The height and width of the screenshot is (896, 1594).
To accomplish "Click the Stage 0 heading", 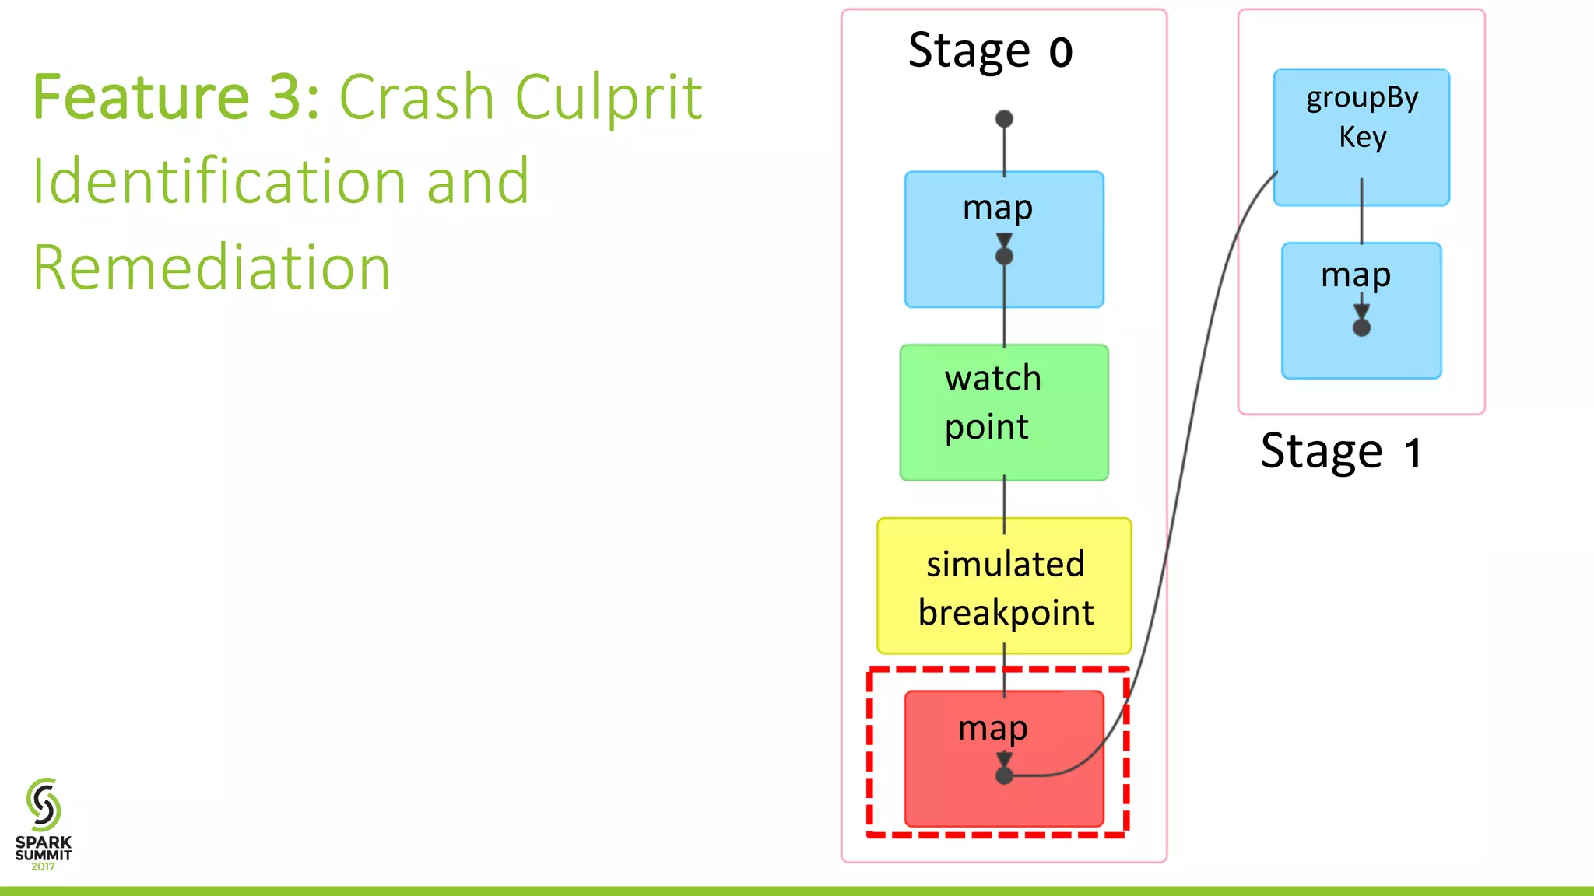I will (990, 51).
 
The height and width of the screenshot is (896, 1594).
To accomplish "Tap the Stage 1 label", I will (1341, 451).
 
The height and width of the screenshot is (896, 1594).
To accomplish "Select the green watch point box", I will (1004, 412).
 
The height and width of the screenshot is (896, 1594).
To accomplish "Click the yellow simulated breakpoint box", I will (1004, 586).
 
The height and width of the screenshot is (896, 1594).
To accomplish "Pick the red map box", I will (1004, 758).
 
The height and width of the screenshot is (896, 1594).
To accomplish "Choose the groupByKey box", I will (1361, 137).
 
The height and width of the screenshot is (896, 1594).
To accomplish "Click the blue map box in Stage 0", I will (1004, 240).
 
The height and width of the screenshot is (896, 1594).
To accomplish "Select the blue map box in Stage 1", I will (1361, 311).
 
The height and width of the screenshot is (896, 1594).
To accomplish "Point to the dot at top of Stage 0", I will (1004, 119).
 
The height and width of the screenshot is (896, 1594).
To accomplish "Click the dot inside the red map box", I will (1004, 775).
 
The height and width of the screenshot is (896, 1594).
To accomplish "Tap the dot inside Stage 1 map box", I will (1361, 327).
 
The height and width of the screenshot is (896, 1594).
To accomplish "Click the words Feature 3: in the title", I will (176, 96).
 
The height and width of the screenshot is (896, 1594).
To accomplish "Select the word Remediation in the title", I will (211, 267).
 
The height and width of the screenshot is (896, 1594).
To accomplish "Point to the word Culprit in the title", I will (609, 96).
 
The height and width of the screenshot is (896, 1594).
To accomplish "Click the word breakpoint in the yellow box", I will (1006, 613).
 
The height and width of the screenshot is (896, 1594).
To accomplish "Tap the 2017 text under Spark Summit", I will (44, 866).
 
